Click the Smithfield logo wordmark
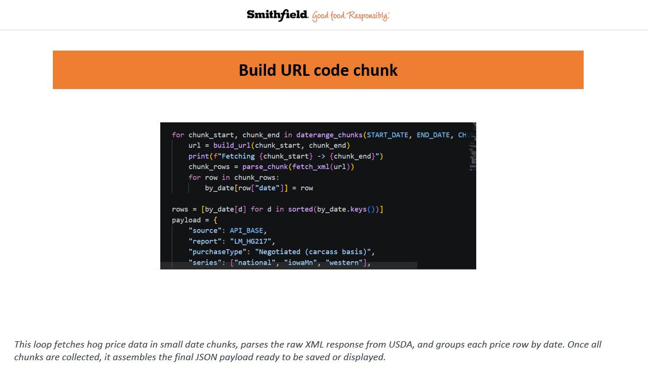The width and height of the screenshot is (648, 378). (277, 16)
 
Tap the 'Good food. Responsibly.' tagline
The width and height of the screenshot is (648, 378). (350, 16)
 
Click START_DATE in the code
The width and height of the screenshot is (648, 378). (388, 135)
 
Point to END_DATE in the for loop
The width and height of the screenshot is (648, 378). (433, 135)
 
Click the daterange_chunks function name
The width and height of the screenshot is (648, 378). (329, 135)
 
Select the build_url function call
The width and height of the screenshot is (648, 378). (232, 145)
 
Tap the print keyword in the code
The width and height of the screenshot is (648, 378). (199, 156)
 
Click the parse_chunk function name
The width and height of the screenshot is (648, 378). (265, 167)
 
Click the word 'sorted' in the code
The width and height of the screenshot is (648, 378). (300, 210)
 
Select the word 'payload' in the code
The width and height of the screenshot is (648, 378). (186, 220)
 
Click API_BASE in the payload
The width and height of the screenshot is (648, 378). (246, 230)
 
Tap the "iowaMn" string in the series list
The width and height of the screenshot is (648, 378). (300, 263)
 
